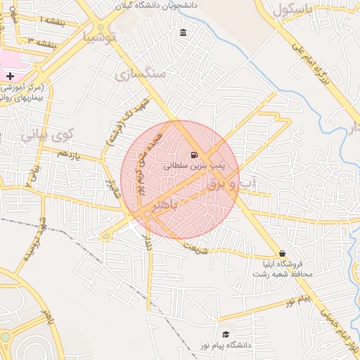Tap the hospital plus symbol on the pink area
[x=10, y=75]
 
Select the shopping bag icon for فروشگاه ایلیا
[x=282, y=253]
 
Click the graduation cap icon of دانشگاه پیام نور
[x=226, y=334]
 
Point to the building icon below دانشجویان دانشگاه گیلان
[x=184, y=33]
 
